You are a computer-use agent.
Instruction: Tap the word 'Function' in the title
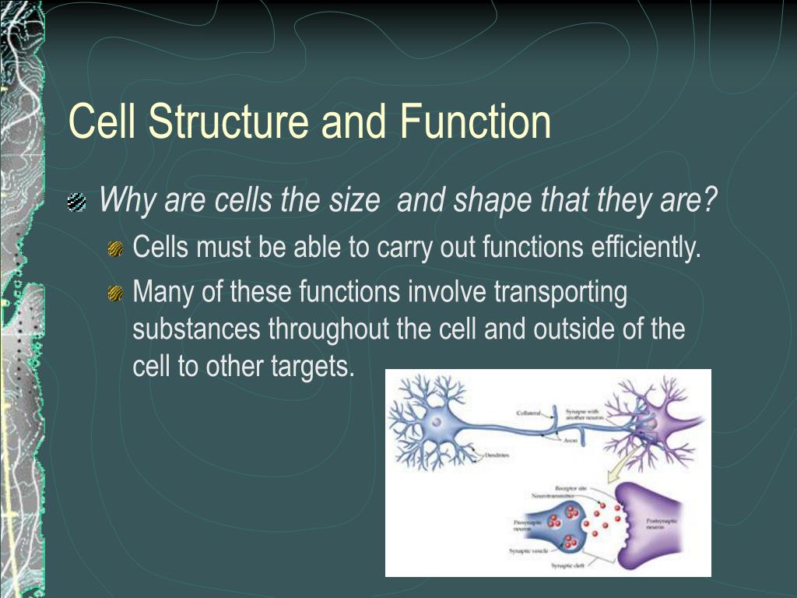476,122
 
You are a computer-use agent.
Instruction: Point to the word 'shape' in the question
490,202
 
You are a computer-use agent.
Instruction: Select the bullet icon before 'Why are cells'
76,203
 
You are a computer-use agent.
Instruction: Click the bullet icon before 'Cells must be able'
115,248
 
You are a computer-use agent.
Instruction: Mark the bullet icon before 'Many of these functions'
115,293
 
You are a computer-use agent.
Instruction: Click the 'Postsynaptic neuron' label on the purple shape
660,522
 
